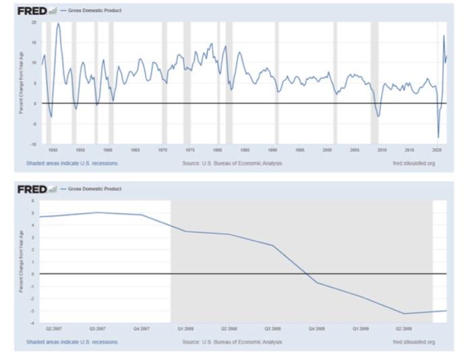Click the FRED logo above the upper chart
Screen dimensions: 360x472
coord(32,12)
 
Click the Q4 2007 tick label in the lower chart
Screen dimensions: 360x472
coord(142,329)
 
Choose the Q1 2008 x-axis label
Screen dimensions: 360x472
coord(185,329)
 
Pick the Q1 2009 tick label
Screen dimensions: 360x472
coord(361,329)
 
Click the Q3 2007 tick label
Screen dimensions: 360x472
coord(98,329)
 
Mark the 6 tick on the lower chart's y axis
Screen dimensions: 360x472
coord(34,200)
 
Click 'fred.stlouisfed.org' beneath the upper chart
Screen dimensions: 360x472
coord(413,163)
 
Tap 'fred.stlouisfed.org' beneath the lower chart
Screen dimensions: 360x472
coord(413,342)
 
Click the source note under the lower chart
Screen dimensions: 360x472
coord(233,342)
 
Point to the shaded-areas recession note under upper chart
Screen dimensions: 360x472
coord(72,163)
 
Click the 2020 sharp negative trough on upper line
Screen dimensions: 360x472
coord(438,138)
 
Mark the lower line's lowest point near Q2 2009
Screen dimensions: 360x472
coord(403,313)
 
